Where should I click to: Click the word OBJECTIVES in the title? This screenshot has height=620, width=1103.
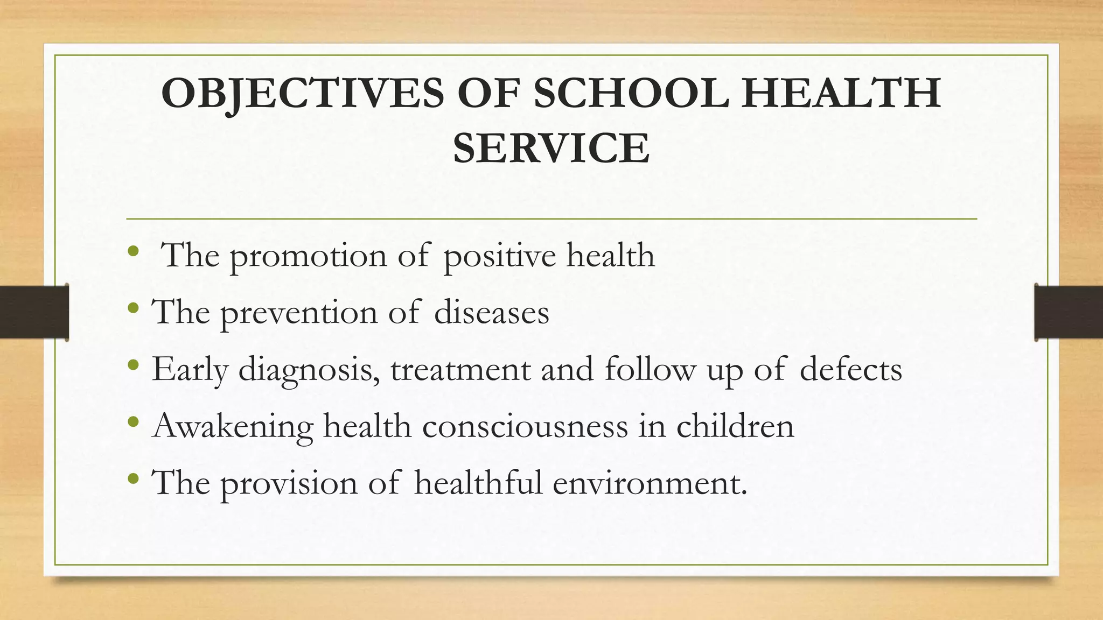(x=303, y=94)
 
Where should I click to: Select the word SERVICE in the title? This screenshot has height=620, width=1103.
(x=551, y=149)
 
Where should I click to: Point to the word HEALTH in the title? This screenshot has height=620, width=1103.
(x=841, y=94)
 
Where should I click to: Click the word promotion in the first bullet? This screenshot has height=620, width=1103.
(x=308, y=256)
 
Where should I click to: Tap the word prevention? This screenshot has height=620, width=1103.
(x=299, y=313)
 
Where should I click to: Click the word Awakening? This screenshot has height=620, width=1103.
(x=233, y=426)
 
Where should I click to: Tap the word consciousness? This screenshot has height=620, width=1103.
(x=525, y=426)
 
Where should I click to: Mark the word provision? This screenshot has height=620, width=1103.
(x=289, y=483)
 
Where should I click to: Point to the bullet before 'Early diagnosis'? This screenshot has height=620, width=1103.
(x=134, y=366)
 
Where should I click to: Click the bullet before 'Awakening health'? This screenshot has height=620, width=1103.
(x=134, y=422)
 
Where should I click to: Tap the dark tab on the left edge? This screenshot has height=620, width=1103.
(x=34, y=312)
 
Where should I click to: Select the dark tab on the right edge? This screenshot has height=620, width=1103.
(x=1069, y=312)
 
